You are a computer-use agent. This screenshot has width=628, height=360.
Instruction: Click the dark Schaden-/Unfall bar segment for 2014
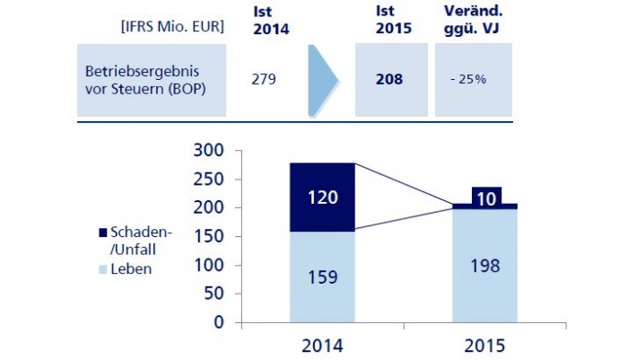[322, 197]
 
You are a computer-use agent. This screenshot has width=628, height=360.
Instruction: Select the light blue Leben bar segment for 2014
[322, 277]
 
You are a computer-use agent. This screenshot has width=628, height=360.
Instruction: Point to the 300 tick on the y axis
[205, 150]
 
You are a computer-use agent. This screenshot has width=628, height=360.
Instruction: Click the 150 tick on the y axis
[205, 236]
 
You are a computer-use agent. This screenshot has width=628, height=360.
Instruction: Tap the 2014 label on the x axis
[322, 345]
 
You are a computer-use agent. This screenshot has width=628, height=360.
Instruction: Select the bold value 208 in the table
[390, 79]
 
